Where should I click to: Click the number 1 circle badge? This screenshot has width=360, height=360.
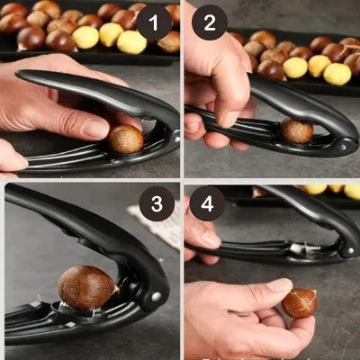(154, 23)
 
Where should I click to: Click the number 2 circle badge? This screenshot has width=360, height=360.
(210, 22)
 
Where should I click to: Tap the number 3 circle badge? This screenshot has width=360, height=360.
(157, 203)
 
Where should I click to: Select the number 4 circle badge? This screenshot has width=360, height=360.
(207, 203)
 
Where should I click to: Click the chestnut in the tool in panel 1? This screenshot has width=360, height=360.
(125, 139)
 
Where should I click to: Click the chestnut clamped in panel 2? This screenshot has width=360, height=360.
(297, 131)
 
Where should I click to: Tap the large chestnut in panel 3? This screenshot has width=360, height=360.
(87, 287)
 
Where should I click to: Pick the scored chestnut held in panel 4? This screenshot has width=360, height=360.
(300, 303)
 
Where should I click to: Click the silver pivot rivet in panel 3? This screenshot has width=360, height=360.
(156, 297)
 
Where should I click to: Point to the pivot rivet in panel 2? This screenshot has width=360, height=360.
(342, 148)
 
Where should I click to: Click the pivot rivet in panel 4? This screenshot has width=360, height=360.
(350, 250)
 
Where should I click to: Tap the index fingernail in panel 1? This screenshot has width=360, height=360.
(95, 129)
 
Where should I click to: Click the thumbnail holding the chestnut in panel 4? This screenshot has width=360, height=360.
(280, 284)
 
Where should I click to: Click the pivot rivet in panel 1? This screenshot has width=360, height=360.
(177, 139)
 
